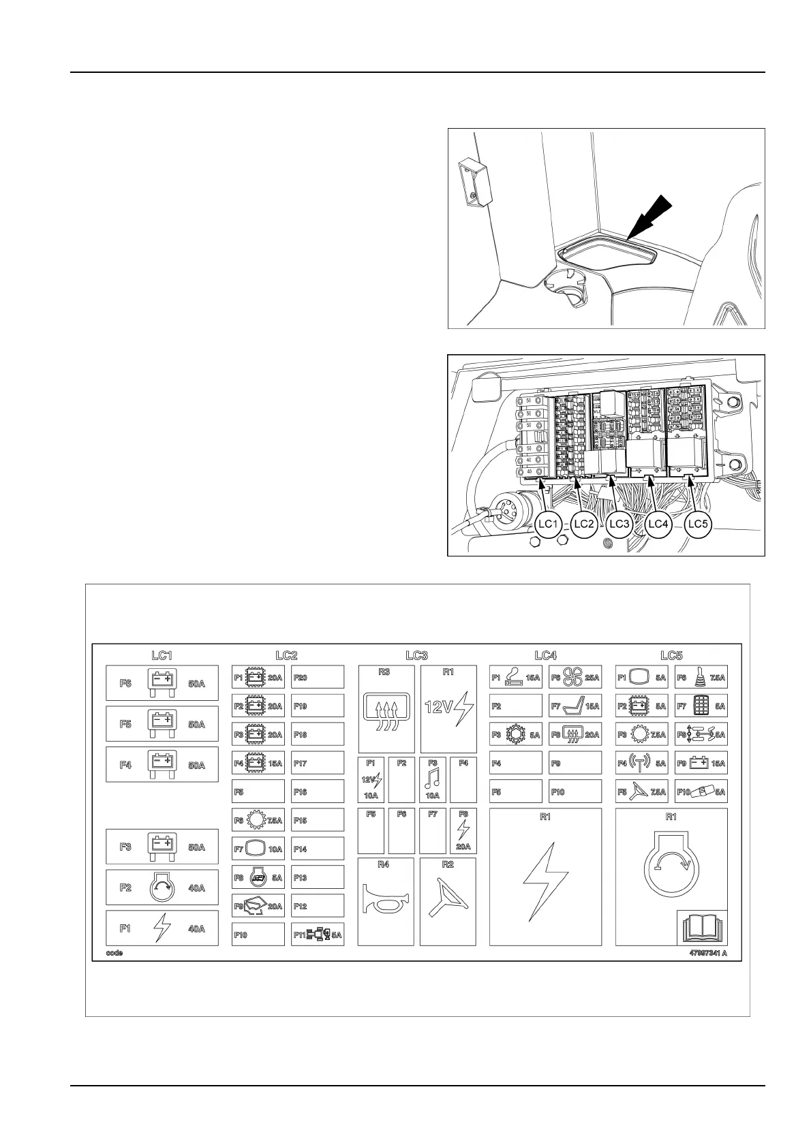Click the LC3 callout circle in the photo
pos(619,524)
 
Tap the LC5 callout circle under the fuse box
pos(698,524)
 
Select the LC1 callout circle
pos(548,524)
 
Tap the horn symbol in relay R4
pos(386,903)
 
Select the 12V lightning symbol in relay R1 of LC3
pos(448,706)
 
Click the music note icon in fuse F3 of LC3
pos(432,779)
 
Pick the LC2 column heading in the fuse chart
pos(286,655)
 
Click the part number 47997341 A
pos(708,953)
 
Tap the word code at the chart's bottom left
pos(114,953)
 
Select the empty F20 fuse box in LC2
pos(318,678)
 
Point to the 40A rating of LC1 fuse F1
pos(196,928)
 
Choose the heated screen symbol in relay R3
pos(386,710)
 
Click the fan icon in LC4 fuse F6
pos(572,677)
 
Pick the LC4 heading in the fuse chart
pos(546,655)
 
